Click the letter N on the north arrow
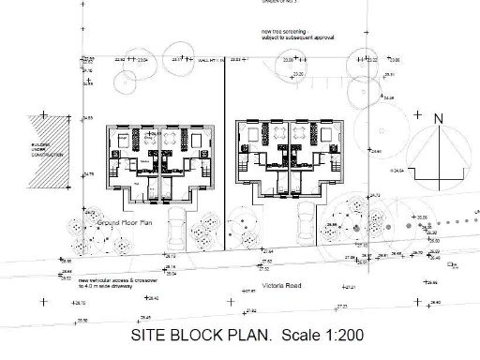click(x=437, y=119)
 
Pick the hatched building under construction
click(x=54, y=154)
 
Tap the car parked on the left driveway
click(x=177, y=232)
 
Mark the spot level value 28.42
click(x=154, y=298)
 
